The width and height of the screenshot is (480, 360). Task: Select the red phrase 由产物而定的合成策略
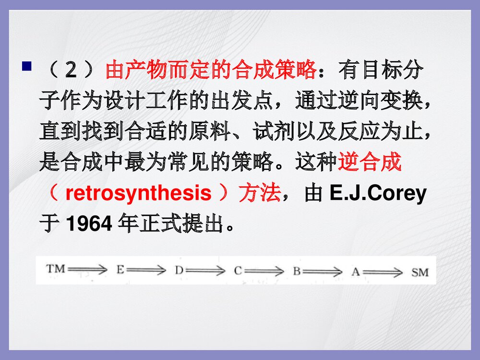point(211,71)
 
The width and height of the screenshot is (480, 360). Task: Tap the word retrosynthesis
point(138,193)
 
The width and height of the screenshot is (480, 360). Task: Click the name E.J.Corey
point(378,193)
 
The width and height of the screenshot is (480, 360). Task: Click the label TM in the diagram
point(56,269)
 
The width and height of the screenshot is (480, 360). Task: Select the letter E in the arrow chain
point(120,270)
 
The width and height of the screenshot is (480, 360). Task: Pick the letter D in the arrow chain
point(179,271)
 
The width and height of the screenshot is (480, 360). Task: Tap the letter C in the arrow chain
point(238,271)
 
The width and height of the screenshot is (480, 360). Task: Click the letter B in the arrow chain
point(297,271)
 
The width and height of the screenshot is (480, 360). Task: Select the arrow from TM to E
point(88,270)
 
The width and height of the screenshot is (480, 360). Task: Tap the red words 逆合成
point(369,163)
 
